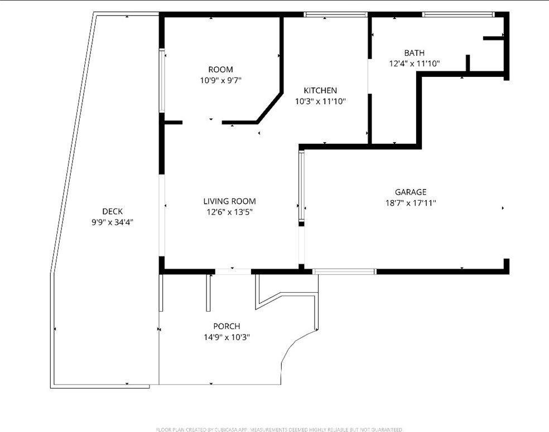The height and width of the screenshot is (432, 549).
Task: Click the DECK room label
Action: tap(112, 211)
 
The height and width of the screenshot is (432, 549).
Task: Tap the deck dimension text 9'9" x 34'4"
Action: tap(112, 222)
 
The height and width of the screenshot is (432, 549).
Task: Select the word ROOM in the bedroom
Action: tap(220, 70)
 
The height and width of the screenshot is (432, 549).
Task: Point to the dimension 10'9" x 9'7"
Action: tap(220, 80)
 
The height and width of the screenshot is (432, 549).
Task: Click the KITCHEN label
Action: tap(320, 90)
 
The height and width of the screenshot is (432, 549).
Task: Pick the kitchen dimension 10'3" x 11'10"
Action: tap(320, 101)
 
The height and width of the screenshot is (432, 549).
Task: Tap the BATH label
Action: tap(415, 53)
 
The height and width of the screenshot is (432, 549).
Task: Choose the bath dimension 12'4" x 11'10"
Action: tap(415, 64)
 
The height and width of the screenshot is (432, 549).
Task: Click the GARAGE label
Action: tap(410, 192)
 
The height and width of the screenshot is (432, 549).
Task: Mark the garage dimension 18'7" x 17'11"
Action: tap(410, 203)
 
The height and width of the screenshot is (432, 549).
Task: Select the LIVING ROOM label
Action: tap(229, 201)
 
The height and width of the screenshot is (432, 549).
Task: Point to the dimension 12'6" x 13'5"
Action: tap(229, 212)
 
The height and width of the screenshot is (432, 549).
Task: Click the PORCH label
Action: tap(227, 326)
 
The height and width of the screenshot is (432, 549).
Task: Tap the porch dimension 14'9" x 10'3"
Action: tap(227, 337)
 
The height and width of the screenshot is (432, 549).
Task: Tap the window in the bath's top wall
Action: tap(458, 15)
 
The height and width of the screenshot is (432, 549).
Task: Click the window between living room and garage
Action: tap(301, 187)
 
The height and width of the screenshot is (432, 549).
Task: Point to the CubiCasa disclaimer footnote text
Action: tap(279, 429)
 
